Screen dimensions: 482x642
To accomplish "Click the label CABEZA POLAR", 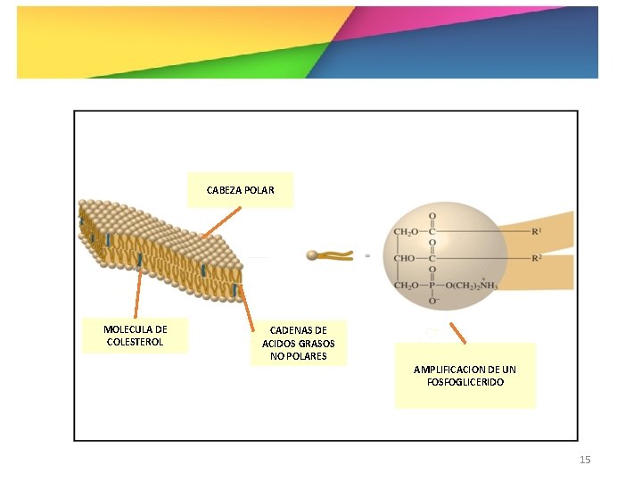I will pos(240,190).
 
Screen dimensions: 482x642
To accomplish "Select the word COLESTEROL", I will pos(135,342).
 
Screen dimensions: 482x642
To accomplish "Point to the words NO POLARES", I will pos(299,356).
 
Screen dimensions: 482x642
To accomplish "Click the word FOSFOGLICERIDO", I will pos(465,382).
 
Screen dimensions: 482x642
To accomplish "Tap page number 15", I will pos(585,460).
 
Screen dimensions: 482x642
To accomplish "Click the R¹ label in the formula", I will pos(537,232).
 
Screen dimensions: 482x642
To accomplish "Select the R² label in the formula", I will pos(537,259).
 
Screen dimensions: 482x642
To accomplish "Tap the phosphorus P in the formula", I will pos(433,286).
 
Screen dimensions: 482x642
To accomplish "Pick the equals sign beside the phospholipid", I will pos(366,255).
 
